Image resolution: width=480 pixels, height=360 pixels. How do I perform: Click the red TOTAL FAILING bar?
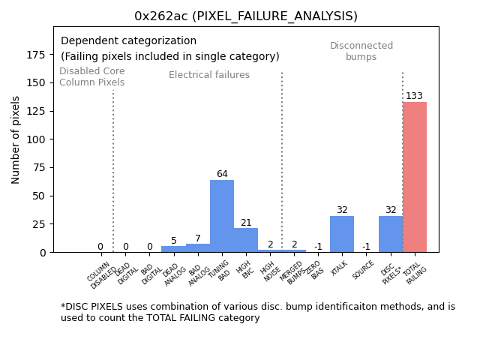pos(415,177)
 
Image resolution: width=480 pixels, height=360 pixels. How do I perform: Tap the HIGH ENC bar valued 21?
pos(246,240)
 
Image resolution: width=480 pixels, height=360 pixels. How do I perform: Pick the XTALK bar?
pos(342,234)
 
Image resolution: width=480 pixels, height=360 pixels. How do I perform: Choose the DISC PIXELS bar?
pos(390,234)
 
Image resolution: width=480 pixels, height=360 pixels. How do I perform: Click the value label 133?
pos(415,96)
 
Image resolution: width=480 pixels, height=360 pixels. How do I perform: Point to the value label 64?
pos(222,174)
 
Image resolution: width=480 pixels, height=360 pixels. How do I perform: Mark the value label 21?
pos(246,223)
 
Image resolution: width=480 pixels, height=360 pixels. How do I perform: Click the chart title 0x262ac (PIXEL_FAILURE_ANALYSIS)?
pos(246,16)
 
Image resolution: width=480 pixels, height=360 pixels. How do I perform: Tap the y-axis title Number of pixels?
pos(16,139)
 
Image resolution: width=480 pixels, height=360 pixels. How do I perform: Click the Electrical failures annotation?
pos(209,75)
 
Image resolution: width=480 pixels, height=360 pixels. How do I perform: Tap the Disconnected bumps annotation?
pos(361,51)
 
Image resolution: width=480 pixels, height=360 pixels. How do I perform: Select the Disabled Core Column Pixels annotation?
pos(92,76)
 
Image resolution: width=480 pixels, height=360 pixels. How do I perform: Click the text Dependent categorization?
pos(128,41)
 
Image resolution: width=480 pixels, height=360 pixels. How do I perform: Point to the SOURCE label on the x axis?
pos(364,270)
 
